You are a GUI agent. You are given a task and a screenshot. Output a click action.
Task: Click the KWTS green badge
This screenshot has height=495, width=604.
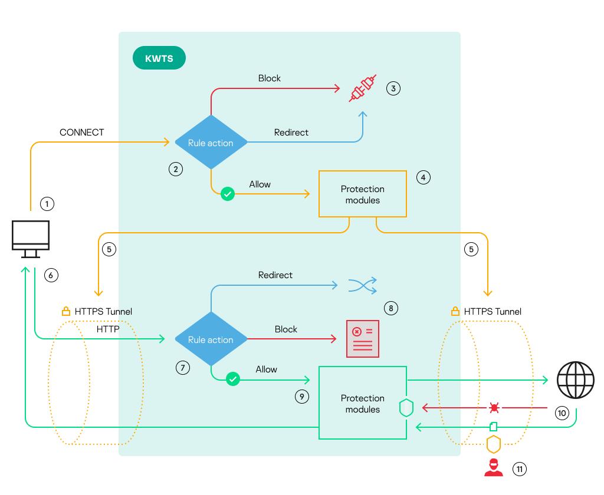point(159,59)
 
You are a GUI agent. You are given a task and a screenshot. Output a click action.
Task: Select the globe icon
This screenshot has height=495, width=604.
point(576,380)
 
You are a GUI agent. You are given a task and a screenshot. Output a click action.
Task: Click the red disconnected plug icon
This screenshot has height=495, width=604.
point(362,89)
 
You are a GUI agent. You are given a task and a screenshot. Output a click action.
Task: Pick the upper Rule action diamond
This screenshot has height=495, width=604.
point(211,143)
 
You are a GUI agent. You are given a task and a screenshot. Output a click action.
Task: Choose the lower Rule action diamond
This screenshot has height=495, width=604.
point(211,339)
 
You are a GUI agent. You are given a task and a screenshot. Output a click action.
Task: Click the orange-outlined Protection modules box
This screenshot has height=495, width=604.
point(363,194)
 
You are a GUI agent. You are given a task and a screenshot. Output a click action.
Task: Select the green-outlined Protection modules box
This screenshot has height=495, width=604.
point(363,403)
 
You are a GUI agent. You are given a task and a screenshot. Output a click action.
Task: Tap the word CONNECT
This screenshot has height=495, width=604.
point(81,133)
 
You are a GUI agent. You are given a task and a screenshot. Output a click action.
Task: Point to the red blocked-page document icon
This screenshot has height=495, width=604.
point(362,339)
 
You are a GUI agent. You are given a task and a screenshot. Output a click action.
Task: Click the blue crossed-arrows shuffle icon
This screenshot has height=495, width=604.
point(362,286)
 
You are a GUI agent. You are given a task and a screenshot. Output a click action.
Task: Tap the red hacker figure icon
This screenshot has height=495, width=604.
point(493,467)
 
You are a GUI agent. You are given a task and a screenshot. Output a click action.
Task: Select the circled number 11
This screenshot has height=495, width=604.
point(519,469)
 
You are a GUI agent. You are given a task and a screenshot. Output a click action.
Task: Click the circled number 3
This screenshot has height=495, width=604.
point(393,88)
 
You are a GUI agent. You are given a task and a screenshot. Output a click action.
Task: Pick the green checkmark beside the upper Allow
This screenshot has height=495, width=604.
point(228,194)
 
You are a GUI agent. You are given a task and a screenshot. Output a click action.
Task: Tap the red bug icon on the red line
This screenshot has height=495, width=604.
point(494,407)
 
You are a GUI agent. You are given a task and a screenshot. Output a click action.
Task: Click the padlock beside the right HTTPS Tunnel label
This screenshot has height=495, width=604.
point(455,311)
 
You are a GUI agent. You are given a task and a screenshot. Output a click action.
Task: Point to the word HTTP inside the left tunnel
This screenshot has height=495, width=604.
point(108,329)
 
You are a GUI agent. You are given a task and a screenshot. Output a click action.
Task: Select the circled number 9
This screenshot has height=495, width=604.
point(301,397)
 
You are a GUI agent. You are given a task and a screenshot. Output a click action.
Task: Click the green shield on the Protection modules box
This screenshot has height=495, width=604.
point(406,408)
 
